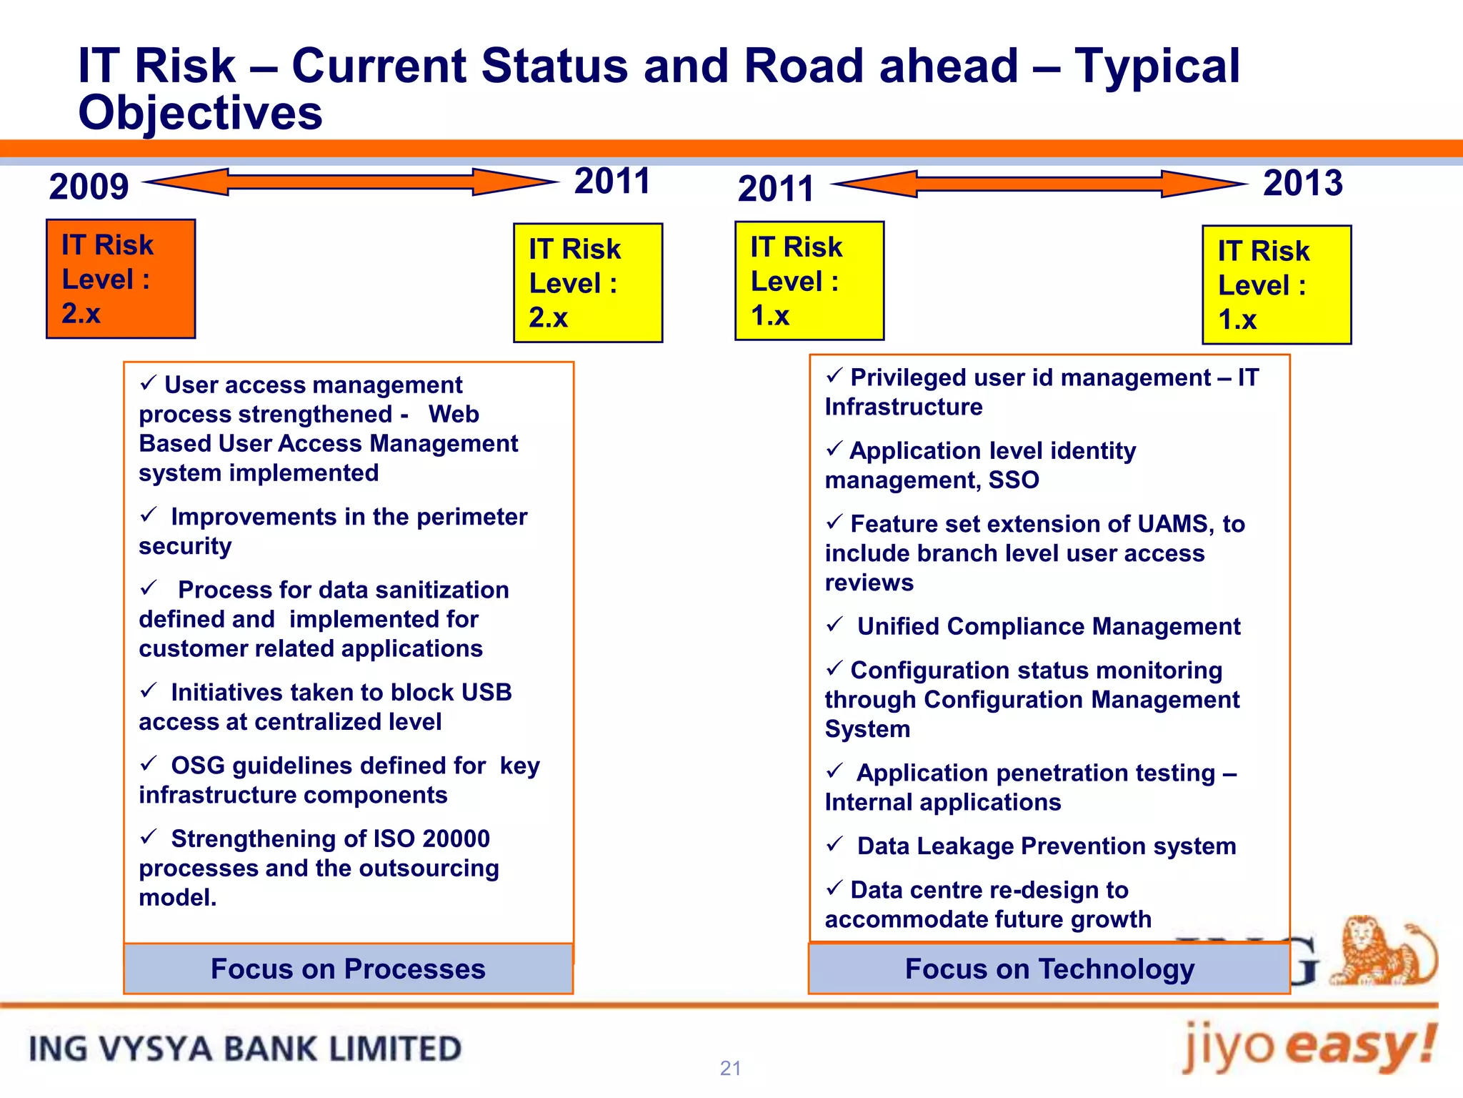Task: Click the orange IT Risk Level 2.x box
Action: (120, 279)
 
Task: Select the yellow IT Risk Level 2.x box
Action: (587, 283)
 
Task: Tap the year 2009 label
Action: (89, 187)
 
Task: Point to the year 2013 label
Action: (1302, 183)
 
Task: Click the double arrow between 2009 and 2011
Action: (350, 182)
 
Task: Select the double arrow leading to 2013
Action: (1039, 184)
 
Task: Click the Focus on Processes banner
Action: (348, 969)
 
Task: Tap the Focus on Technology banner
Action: (1049, 969)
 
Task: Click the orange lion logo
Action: (1382, 951)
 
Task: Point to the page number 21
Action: (730, 1068)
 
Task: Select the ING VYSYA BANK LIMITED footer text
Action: (244, 1049)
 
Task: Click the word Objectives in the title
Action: (200, 113)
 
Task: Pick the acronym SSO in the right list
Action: (1014, 480)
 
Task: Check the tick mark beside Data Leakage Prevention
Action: (834, 844)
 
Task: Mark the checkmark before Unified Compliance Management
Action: (834, 625)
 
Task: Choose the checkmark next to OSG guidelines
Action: (149, 763)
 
